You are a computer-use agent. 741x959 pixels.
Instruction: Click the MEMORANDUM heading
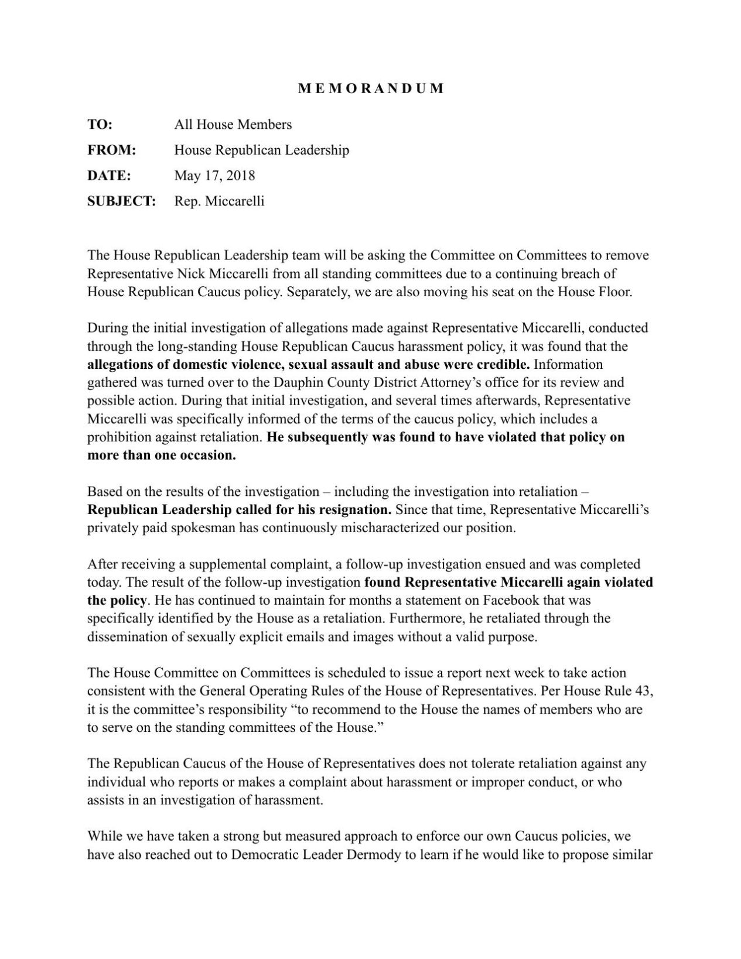(x=371, y=88)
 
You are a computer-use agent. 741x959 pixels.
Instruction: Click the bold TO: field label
(x=100, y=124)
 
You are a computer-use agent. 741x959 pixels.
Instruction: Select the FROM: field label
(x=111, y=150)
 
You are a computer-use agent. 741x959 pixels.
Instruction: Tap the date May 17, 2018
(x=214, y=175)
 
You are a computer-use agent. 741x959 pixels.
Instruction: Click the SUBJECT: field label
(x=121, y=201)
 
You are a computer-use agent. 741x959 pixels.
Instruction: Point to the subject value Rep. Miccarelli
(x=219, y=201)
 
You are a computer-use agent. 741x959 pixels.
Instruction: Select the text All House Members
(x=233, y=124)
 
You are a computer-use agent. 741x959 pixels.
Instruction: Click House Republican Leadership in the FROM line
(x=261, y=150)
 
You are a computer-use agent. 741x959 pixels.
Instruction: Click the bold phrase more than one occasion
(x=162, y=455)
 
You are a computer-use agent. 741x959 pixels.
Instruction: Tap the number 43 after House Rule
(x=643, y=691)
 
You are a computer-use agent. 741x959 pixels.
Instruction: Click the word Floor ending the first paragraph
(x=613, y=292)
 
